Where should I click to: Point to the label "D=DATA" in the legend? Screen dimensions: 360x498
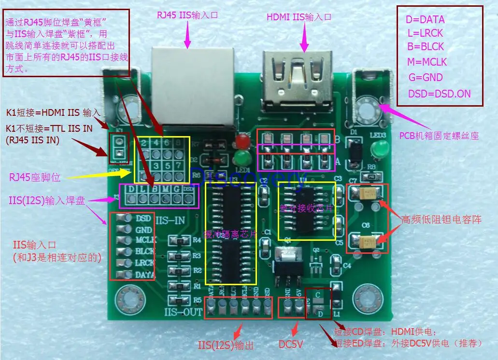coord(425,20)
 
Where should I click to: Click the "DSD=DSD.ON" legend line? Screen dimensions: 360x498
coord(439,94)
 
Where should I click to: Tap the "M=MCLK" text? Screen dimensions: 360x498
coord(427,62)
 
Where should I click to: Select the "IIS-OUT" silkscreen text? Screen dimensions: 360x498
coord(183,312)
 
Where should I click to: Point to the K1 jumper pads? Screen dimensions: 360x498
coord(119,148)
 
